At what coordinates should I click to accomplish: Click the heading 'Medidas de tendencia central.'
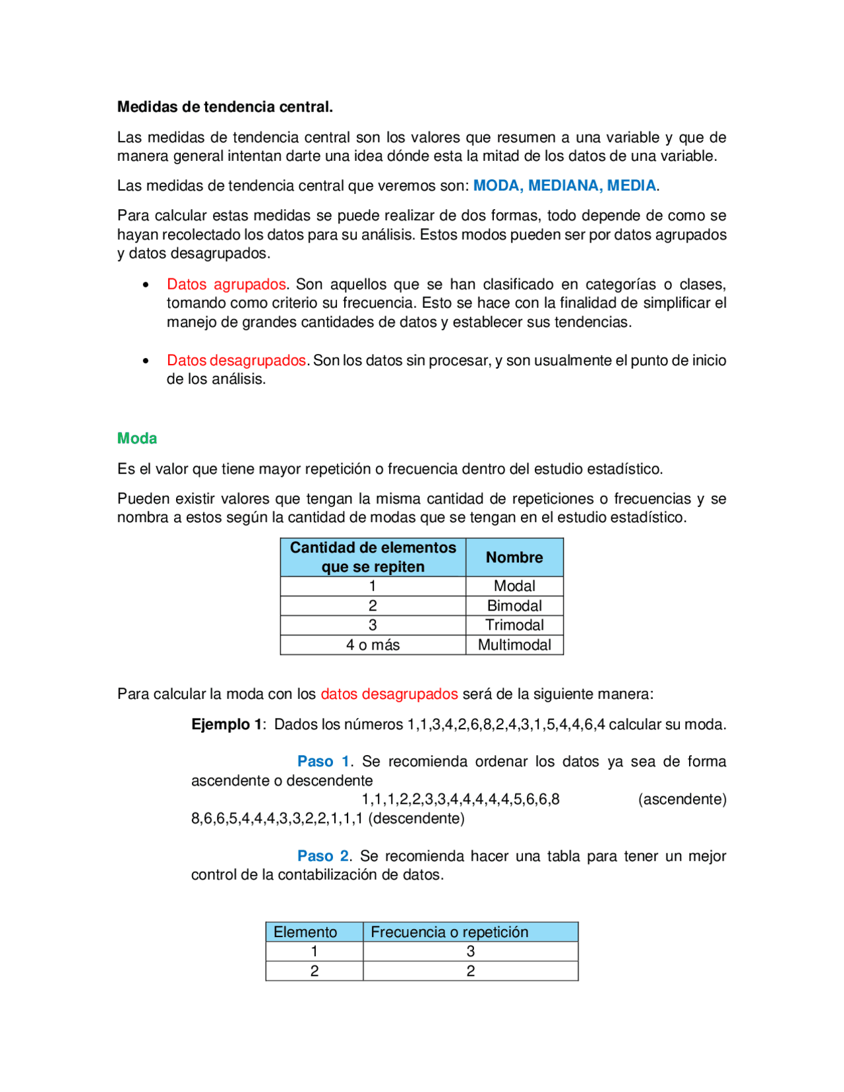coord(225,107)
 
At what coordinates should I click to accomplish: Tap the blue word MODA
coord(497,186)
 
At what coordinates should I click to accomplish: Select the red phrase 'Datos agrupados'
coord(226,284)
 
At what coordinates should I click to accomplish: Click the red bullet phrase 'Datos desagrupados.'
coord(237,361)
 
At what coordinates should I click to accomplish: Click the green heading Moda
coord(137,439)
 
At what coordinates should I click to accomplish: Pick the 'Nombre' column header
coord(514,558)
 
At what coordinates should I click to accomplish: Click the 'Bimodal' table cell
coord(514,606)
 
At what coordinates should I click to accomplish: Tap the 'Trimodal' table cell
coord(514,625)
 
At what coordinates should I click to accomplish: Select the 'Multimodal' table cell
coord(514,645)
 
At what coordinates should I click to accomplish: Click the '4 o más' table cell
coord(373,645)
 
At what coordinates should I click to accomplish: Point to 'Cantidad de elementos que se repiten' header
coord(373,557)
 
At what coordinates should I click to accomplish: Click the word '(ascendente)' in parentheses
coord(682,800)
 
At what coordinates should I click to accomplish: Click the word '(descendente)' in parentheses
coord(416,819)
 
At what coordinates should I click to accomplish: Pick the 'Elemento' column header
coord(305,932)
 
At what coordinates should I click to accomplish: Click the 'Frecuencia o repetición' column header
coord(450,932)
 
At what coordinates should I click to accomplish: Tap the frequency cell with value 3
coord(470,952)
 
